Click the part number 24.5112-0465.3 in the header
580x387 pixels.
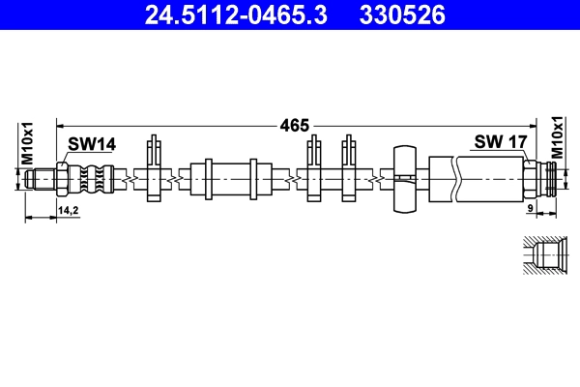[x=236, y=15]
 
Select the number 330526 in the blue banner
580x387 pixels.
[x=402, y=15]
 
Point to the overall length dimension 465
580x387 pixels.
[x=295, y=126]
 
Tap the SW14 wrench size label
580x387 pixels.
[x=92, y=144]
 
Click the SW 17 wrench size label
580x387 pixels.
[x=500, y=141]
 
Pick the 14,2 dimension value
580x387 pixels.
[x=68, y=210]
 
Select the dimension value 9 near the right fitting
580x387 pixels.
[x=530, y=208]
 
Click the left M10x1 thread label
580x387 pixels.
[x=27, y=143]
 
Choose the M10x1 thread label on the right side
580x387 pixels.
[x=557, y=137]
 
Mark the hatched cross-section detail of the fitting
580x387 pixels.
[x=545, y=254]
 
